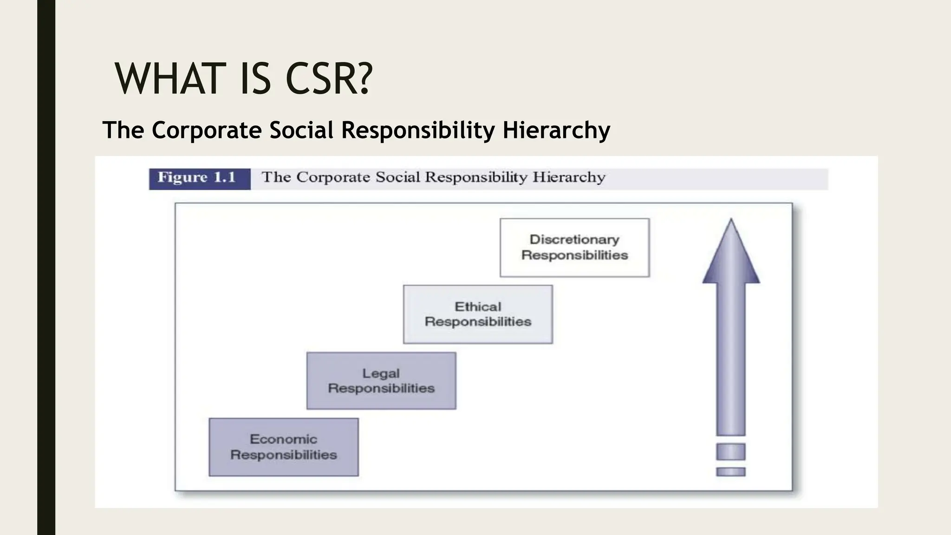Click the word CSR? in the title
(329, 79)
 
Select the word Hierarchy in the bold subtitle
(556, 130)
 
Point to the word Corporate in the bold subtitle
(207, 130)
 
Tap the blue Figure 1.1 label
(199, 178)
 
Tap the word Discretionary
(574, 240)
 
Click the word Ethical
(478, 307)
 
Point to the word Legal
(381, 373)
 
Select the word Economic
(283, 439)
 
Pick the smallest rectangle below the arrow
(731, 472)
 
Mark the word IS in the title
(255, 79)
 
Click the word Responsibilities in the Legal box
(381, 388)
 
